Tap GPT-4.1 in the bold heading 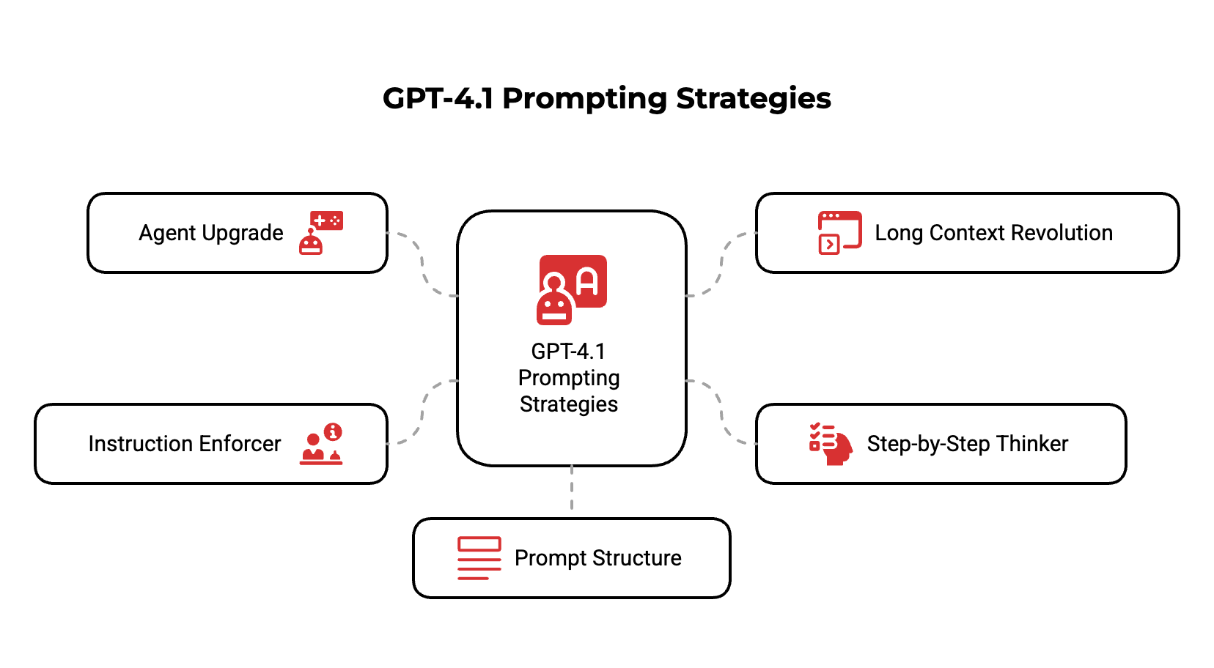tap(438, 99)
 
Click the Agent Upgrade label tap(211, 233)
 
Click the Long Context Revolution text tap(993, 233)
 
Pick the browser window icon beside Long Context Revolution tap(839, 233)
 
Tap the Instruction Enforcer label tap(185, 444)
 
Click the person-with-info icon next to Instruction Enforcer tap(321, 444)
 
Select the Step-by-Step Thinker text tap(967, 444)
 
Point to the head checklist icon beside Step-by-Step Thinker tap(831, 444)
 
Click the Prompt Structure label tap(597, 558)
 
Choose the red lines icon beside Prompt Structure tap(479, 558)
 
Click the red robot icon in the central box tap(572, 289)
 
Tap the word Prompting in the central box tap(569, 378)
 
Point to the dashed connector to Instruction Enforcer tap(424, 412)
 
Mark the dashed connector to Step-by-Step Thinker tap(721, 412)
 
